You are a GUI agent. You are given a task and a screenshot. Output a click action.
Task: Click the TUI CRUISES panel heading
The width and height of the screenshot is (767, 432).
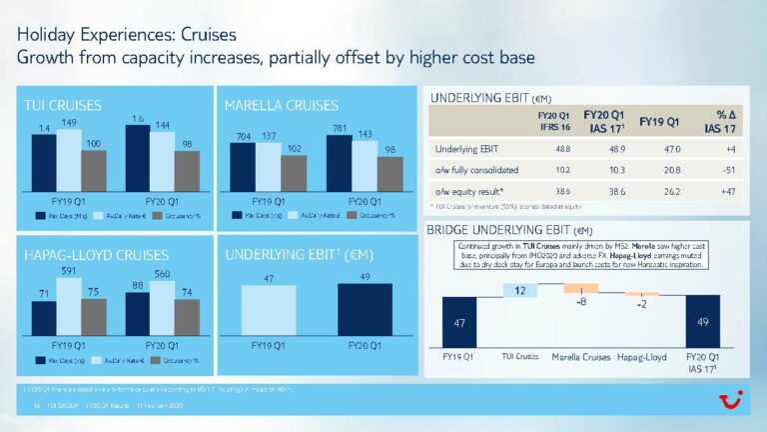pyautogui.click(x=63, y=104)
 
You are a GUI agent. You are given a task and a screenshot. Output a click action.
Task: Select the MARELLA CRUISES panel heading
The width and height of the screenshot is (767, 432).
pyautogui.click(x=281, y=104)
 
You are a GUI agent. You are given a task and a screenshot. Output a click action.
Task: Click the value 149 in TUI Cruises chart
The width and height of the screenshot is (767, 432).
pyautogui.click(x=69, y=123)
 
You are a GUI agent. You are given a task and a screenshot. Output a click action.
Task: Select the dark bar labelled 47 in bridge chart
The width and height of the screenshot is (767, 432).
pyautogui.click(x=458, y=324)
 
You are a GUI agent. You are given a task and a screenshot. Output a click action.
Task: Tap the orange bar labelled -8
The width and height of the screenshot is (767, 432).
pyautogui.click(x=580, y=288)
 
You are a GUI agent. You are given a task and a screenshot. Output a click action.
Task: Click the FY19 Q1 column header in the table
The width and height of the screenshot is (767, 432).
pyautogui.click(x=659, y=122)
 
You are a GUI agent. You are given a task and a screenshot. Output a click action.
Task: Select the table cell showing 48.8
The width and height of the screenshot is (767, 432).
pyautogui.click(x=546, y=149)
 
